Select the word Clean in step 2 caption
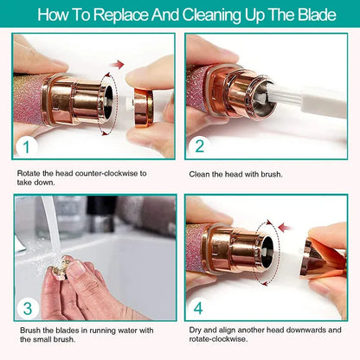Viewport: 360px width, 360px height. click(200, 173)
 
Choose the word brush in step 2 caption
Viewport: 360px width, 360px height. click(286, 173)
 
